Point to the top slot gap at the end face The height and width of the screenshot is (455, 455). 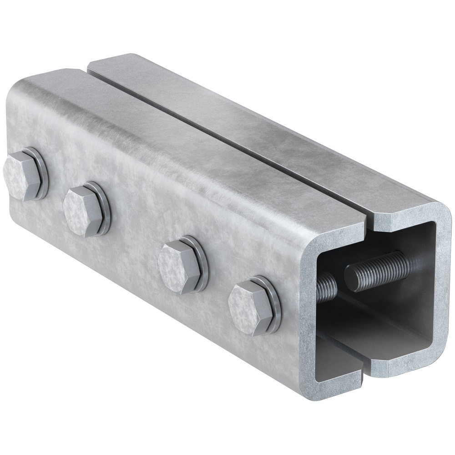(x=369, y=223)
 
